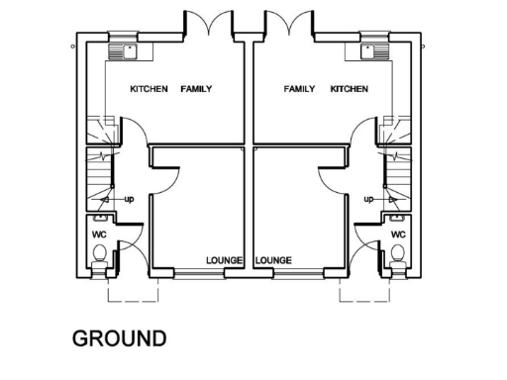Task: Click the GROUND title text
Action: pos(119,338)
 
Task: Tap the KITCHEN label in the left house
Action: pos(149,89)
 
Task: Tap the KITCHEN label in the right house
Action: pos(349,89)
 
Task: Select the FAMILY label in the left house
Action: pos(196,89)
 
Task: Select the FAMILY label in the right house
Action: pos(299,89)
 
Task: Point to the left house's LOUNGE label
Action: pos(225,261)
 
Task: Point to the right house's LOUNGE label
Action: pos(273,261)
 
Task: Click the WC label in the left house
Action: pos(99,235)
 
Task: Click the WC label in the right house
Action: pos(398,235)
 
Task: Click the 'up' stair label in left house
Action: pos(129,200)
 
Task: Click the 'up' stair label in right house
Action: pos(368,200)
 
